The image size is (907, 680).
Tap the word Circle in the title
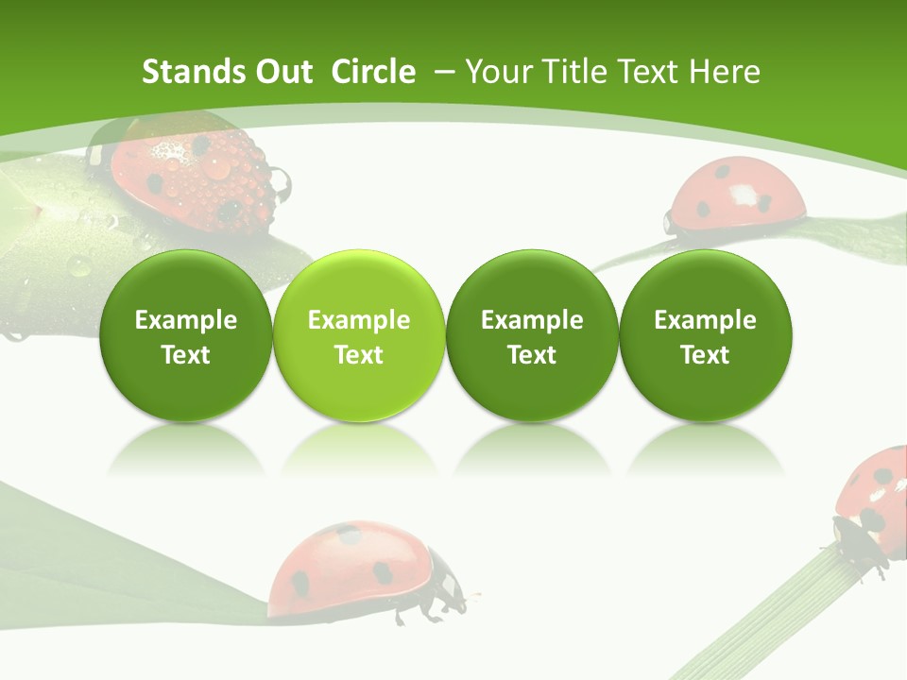(x=373, y=72)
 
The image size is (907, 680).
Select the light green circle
(x=359, y=335)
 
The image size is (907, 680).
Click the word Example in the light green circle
(x=359, y=320)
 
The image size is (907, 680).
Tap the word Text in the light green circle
(x=359, y=355)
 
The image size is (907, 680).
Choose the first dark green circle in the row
(x=186, y=335)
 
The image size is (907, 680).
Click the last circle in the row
(x=706, y=335)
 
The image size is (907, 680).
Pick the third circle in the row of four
(x=532, y=335)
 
